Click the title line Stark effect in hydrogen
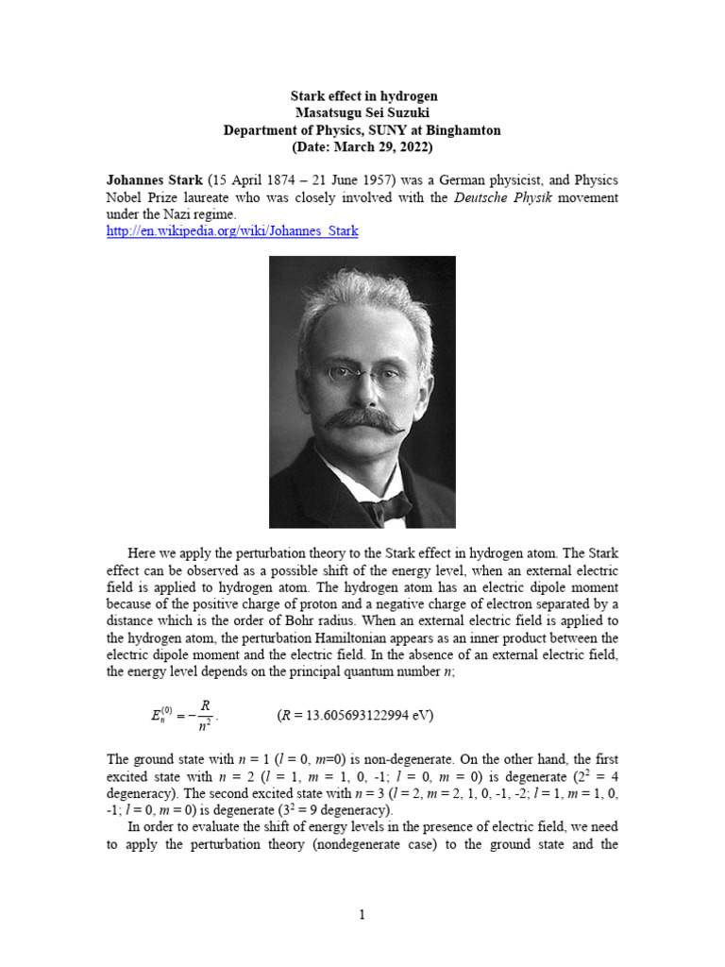pyautogui.click(x=362, y=96)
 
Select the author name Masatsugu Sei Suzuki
pyautogui.click(x=362, y=113)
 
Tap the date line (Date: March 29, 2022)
pyautogui.click(x=362, y=147)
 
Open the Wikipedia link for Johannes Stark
pyautogui.click(x=232, y=231)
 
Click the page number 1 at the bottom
pyautogui.click(x=362, y=915)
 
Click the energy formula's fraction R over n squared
pyautogui.click(x=205, y=715)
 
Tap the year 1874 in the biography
pyautogui.click(x=274, y=180)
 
